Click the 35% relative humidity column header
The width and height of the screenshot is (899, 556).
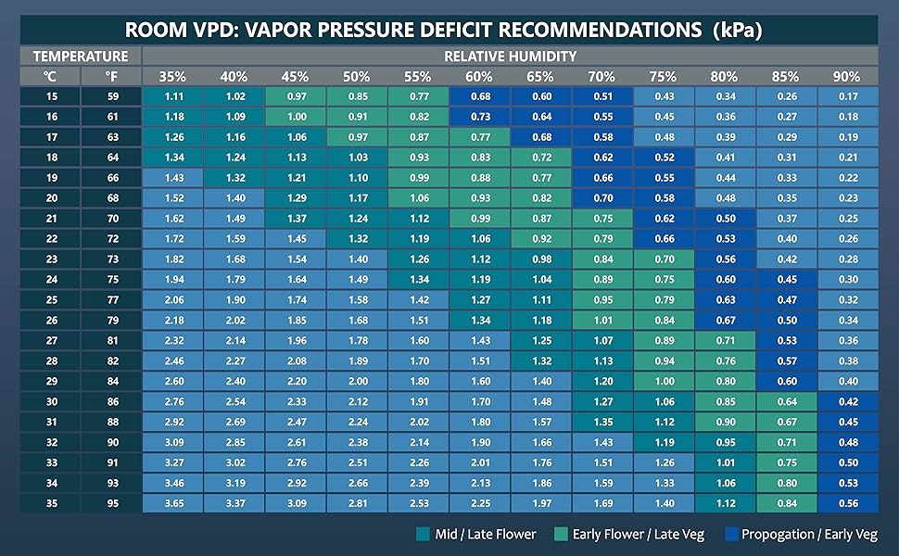click(x=172, y=76)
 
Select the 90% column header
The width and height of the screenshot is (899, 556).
click(x=845, y=76)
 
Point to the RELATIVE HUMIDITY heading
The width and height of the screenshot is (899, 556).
click(x=510, y=56)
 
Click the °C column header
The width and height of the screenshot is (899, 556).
click(x=50, y=76)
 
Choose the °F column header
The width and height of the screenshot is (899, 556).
click(x=111, y=76)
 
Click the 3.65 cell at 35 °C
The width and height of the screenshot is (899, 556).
click(x=172, y=503)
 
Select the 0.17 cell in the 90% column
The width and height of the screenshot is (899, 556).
click(x=845, y=95)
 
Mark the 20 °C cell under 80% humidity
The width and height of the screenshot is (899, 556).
click(x=723, y=197)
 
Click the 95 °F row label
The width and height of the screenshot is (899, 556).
click(x=111, y=503)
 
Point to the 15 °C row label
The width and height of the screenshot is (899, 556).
click(x=50, y=95)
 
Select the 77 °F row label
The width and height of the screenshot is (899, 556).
click(x=111, y=299)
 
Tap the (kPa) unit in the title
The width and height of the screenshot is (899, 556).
click(x=737, y=29)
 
